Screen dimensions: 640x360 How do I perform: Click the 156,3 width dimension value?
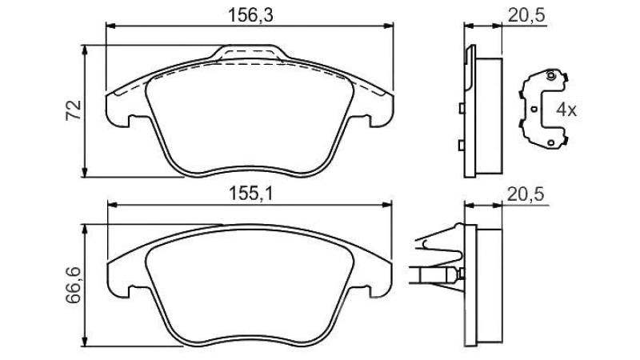(250, 15)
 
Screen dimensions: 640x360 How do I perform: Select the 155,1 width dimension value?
(250, 193)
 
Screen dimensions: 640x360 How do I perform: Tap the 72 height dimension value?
(74, 110)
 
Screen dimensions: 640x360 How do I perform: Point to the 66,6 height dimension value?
(74, 285)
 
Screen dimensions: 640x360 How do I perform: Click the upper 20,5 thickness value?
(526, 15)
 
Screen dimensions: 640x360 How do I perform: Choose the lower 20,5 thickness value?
(526, 194)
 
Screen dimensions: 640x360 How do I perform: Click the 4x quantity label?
(566, 110)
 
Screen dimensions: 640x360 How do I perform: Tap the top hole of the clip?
(550, 75)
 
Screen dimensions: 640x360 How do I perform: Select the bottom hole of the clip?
(550, 143)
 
